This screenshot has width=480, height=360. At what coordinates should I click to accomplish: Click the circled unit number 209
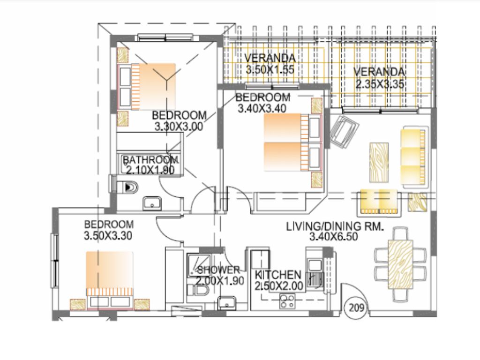tap(356, 308)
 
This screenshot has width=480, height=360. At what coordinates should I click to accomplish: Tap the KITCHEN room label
tap(277, 275)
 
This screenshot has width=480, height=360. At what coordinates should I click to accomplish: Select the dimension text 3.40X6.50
tap(334, 237)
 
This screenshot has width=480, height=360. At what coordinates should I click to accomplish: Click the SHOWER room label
tap(218, 270)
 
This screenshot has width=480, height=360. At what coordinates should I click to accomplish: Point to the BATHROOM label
tap(151, 159)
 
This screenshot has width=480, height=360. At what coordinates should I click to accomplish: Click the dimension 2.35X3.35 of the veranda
tap(380, 84)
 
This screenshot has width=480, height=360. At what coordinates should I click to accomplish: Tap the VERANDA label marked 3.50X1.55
tap(270, 59)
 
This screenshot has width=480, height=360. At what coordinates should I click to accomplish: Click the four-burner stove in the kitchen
tap(287, 301)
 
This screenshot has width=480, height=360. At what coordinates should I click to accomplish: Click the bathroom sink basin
tap(152, 203)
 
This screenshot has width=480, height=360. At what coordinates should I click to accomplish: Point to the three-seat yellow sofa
tap(415, 157)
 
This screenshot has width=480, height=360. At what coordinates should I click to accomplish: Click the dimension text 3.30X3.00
tap(179, 126)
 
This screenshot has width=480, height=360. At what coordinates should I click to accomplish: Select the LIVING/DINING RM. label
tap(335, 227)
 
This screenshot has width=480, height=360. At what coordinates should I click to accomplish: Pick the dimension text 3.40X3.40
tap(261, 109)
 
